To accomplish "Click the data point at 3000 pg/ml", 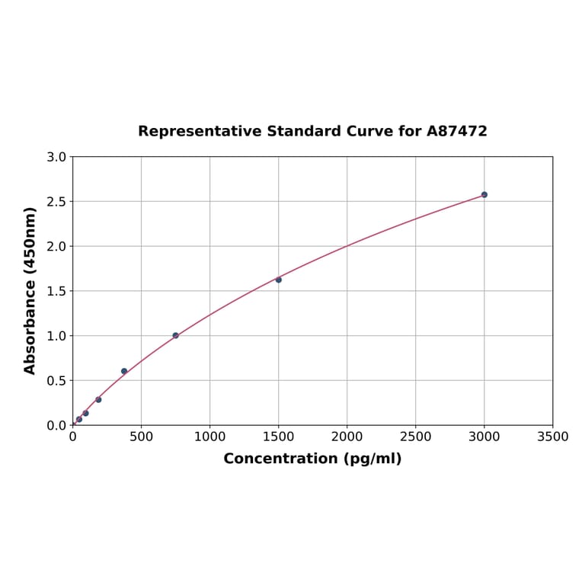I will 484,194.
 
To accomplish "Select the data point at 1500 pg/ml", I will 278,280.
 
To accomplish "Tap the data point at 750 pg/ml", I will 175,335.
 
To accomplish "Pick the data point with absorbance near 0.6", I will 124,371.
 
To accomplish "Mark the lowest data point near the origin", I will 79,419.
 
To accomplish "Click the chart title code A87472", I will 456,131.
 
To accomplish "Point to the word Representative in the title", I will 200,131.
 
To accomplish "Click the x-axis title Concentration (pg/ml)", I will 312,459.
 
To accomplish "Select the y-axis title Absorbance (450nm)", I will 30,290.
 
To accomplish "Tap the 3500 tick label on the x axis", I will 552,437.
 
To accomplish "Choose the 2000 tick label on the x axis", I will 347,437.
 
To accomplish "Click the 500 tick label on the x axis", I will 141,437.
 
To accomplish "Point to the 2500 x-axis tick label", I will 415,437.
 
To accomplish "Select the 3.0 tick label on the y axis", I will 56,157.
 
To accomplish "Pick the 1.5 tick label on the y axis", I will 56,291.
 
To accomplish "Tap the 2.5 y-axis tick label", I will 56,202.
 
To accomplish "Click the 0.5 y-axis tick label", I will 56,380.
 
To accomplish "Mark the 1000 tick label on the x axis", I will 209,437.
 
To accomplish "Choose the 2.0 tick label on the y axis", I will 56,246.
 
